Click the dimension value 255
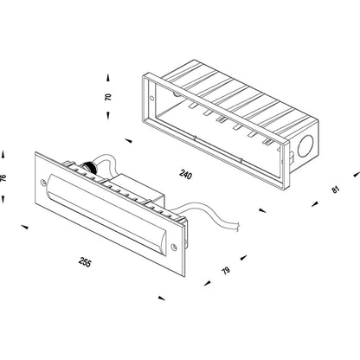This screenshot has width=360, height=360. point(85,262)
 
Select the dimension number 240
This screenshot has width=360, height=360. point(185,175)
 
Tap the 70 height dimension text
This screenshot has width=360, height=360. point(108,97)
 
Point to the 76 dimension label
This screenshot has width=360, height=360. point(3,178)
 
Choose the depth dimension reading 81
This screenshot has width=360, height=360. point(336,190)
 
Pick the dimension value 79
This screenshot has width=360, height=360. point(226,271)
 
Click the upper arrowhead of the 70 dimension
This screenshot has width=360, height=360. point(108,79)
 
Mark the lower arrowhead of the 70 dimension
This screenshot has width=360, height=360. point(108,115)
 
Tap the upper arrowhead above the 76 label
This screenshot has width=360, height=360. point(3,154)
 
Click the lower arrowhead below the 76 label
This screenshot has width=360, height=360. point(3,200)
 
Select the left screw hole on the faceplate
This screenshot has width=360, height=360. point(43,183)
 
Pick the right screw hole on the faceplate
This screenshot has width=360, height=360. point(174,247)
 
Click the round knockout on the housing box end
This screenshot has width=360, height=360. point(305,148)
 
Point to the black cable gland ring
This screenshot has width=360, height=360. point(87,166)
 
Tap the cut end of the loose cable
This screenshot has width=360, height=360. point(238,227)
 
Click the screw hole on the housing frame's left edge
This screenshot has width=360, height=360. point(151,98)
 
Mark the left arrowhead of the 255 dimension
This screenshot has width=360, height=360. point(25,227)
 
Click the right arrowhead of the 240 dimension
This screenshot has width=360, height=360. point(262,210)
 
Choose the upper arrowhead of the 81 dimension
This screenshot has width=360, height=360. point(357,174)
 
